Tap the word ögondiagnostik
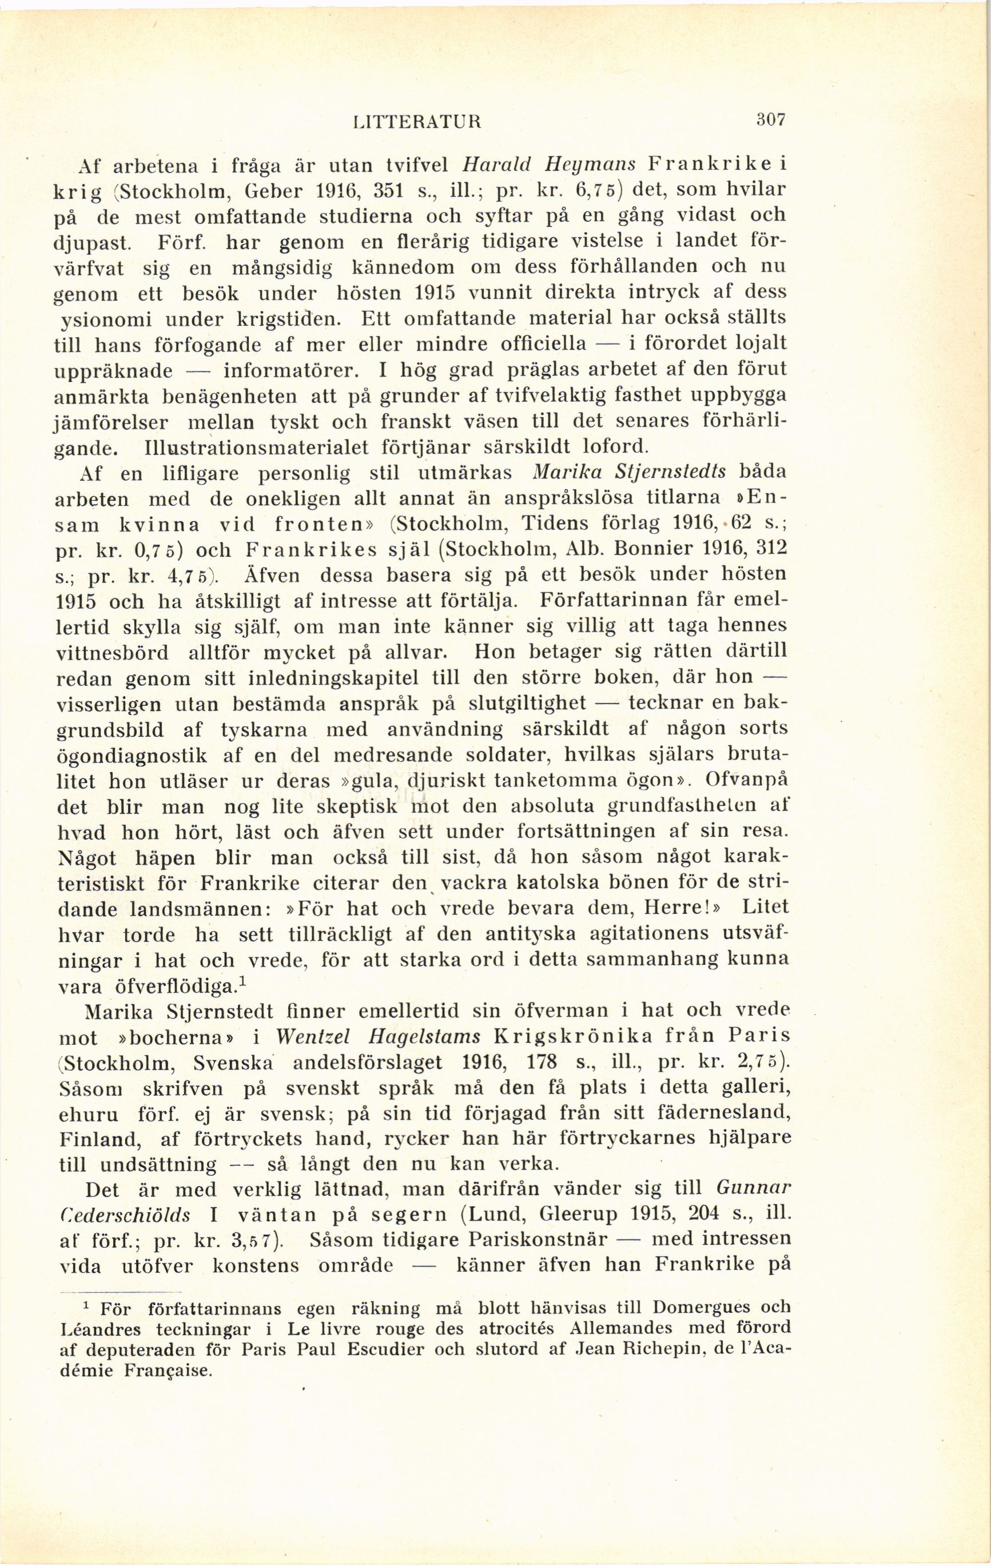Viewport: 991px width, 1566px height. [x=133, y=756]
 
